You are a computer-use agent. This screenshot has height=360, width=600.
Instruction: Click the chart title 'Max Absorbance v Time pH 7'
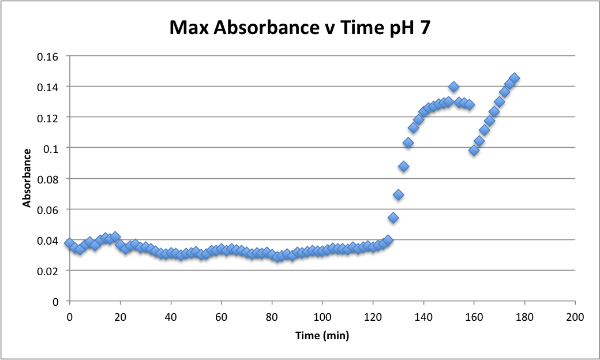(299, 27)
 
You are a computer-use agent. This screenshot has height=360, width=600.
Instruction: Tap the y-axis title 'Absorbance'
(27, 178)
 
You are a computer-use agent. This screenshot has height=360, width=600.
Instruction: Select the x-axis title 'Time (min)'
(322, 335)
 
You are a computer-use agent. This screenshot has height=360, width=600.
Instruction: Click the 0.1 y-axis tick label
(52, 148)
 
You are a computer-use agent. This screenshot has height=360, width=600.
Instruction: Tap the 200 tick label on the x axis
(575, 317)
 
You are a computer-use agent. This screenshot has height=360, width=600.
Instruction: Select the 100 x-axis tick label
(322, 317)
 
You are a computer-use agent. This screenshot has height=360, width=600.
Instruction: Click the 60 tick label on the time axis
(221, 317)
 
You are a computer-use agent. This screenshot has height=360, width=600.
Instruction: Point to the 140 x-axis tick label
(423, 317)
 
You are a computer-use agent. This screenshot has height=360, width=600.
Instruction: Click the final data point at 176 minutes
(514, 78)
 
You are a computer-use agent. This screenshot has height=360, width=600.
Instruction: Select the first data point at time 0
(69, 243)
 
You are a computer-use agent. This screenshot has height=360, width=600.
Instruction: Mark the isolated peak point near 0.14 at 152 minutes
(453, 87)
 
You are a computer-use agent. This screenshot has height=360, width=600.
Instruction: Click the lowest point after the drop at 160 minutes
(474, 150)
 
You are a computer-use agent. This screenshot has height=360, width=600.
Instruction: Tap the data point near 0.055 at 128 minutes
(393, 217)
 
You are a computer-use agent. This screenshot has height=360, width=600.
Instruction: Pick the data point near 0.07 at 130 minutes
(398, 194)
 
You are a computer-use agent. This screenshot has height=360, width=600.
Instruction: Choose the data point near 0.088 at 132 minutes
(403, 167)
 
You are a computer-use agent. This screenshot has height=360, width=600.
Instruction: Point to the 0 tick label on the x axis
(69, 317)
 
